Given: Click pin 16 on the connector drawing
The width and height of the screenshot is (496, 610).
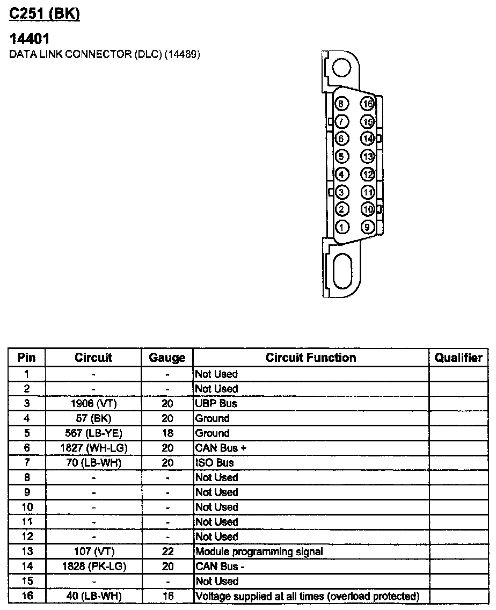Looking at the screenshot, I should click(x=367, y=104).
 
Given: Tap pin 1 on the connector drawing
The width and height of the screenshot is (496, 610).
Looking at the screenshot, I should click(x=342, y=227).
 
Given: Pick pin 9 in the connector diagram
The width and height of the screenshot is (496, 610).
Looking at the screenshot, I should click(x=367, y=227).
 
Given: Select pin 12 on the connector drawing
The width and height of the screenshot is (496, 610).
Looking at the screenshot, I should click(x=367, y=175).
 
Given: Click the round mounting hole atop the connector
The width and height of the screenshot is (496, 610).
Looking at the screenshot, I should click(x=341, y=68).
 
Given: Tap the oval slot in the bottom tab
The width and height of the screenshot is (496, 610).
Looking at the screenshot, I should click(x=342, y=272).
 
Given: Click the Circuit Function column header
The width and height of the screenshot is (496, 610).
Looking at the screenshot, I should click(x=311, y=358).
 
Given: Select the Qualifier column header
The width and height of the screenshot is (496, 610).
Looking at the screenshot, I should click(x=458, y=358).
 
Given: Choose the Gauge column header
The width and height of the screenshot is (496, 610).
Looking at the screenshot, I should click(x=167, y=358).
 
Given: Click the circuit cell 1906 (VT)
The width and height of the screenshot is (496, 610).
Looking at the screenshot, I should click(x=93, y=403).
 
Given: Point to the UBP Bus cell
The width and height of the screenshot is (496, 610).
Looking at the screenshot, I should click(x=216, y=403).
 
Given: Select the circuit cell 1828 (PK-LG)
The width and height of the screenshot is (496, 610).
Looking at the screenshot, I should click(x=93, y=567).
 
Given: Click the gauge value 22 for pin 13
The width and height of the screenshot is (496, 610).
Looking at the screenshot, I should click(x=167, y=551).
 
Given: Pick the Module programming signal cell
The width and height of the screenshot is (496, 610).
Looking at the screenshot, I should click(x=259, y=551).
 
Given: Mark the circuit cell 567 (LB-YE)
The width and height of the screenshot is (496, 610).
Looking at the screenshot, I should click(x=93, y=433).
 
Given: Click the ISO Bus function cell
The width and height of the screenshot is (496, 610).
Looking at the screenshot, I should click(x=215, y=462).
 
